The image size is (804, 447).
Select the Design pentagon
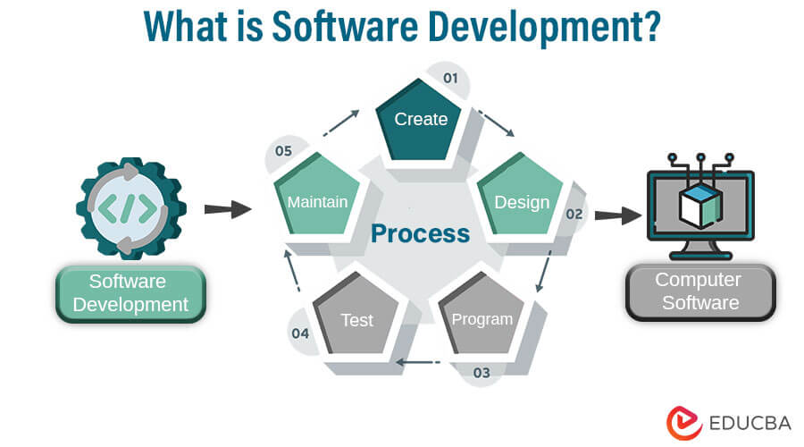coord(521,201)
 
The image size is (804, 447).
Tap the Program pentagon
coord(482,319)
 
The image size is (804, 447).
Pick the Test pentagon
coord(357,319)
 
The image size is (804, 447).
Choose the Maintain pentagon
coord(318,201)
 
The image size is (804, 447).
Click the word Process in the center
coord(420,234)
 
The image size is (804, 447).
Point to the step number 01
coord(450,79)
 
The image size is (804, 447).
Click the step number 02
coord(574,215)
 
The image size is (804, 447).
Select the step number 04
coord(300,334)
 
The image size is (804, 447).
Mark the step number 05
coord(283,151)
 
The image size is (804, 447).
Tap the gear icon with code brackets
coord(130,207)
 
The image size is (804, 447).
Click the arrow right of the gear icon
coord(227,210)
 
